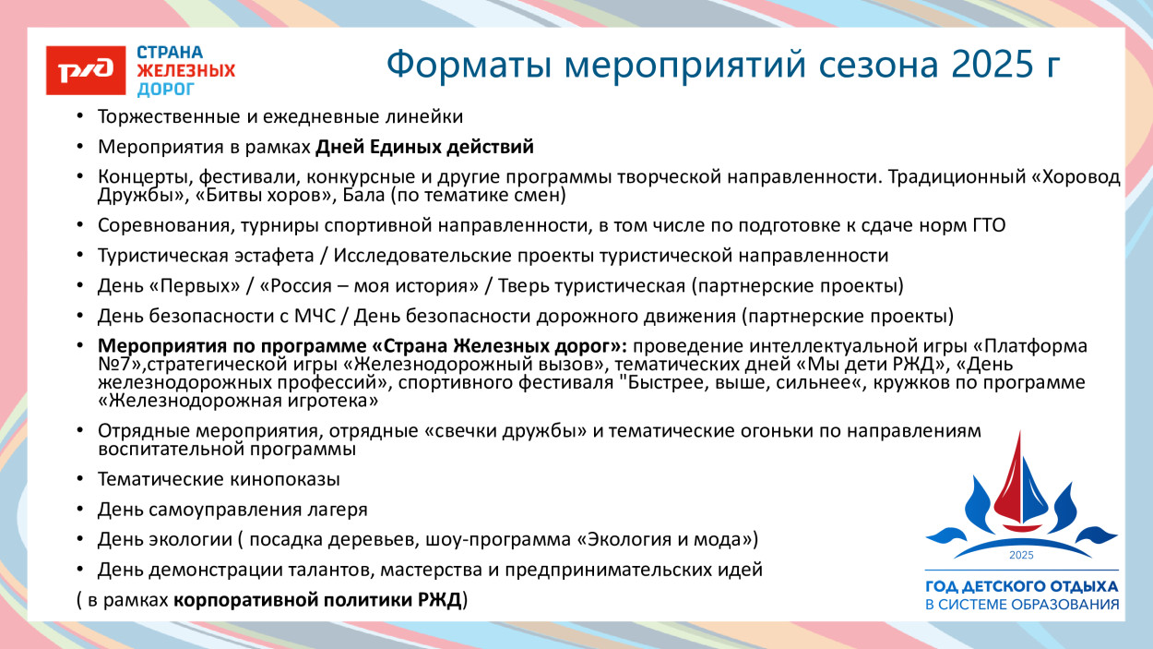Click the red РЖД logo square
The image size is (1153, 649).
86,70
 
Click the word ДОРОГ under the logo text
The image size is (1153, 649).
166,90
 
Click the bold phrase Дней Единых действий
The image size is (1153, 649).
424,147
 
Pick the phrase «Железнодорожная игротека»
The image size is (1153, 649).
238,402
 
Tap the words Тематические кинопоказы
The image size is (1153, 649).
220,480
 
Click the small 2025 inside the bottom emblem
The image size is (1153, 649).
1021,555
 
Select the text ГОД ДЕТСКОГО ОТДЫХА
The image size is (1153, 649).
1021,586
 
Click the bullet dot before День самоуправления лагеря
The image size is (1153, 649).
80,510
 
